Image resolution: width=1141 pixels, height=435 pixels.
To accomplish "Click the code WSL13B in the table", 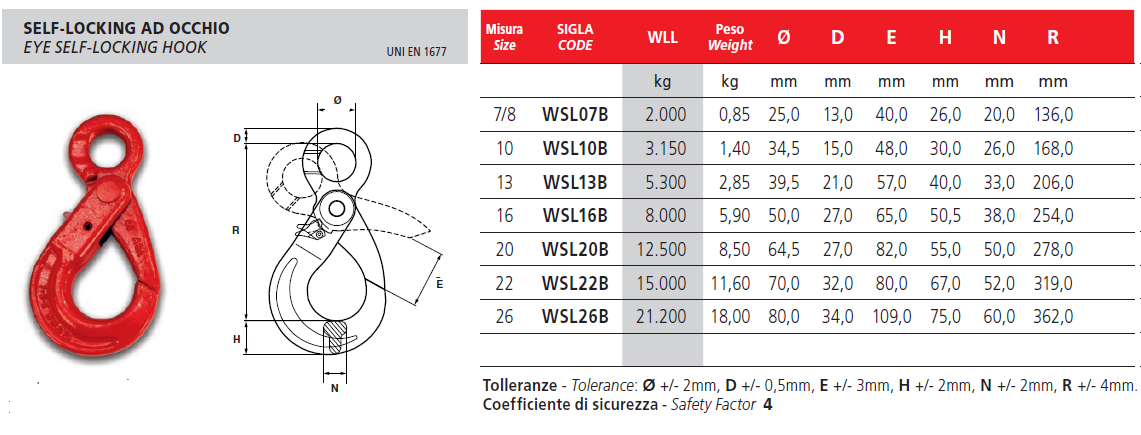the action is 575,182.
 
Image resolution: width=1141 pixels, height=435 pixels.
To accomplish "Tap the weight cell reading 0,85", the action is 730,114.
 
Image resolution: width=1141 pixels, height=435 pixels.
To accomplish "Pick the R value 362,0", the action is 1052,317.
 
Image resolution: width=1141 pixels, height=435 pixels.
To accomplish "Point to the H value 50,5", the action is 945,215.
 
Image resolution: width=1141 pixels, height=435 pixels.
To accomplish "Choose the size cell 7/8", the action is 503,114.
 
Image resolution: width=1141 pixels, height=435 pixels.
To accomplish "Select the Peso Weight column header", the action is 730,37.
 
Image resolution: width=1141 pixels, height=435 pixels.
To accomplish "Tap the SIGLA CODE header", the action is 575,37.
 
